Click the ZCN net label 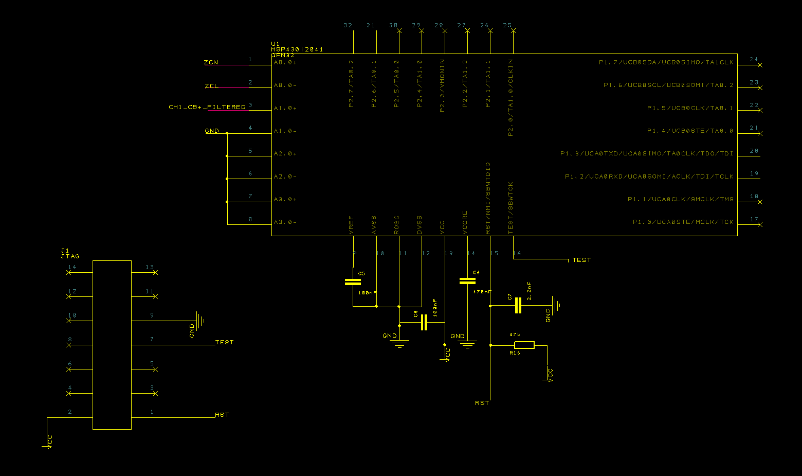pyautogui.click(x=211, y=62)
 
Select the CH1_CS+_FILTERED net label pyautogui.click(x=207, y=107)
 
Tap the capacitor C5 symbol pyautogui.click(x=353, y=281)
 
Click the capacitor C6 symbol pyautogui.click(x=467, y=280)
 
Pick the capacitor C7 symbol pyautogui.click(x=518, y=306)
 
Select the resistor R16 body pyautogui.click(x=524, y=345)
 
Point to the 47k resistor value pyautogui.click(x=515, y=334)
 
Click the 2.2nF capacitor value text pyautogui.click(x=529, y=291)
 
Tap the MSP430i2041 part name pyautogui.click(x=297, y=49)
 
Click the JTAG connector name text pyautogui.click(x=70, y=256)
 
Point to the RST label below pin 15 pyautogui.click(x=482, y=403)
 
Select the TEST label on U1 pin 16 pyautogui.click(x=581, y=260)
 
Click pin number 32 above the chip pyautogui.click(x=348, y=25)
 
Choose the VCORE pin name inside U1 pyautogui.click(x=465, y=222)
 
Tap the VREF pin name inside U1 pyautogui.click(x=352, y=225)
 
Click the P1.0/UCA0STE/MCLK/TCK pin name pyautogui.click(x=683, y=222)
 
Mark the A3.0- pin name pyautogui.click(x=285, y=222)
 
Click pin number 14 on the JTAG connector pyautogui.click(x=72, y=267)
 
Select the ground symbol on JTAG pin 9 pyautogui.click(x=199, y=321)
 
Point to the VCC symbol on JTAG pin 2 pyautogui.click(x=47, y=442)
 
